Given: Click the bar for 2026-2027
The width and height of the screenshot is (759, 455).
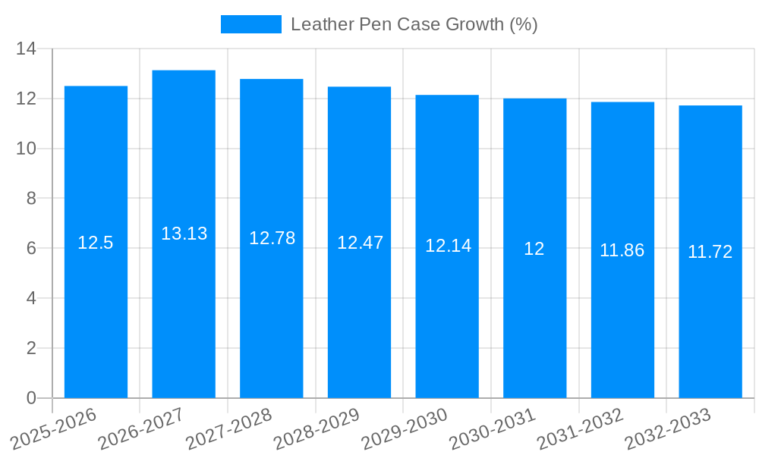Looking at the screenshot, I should [184, 303].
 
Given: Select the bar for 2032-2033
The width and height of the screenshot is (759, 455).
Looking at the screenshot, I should [710, 318].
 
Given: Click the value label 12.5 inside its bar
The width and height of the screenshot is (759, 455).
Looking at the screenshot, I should [96, 243].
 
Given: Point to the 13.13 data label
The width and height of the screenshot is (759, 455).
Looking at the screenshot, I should [184, 234].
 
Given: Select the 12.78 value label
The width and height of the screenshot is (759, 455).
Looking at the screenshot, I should [272, 238].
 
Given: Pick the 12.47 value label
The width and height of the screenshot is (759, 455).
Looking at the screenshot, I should [360, 243].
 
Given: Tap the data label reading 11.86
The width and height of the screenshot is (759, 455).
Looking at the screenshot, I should [622, 250].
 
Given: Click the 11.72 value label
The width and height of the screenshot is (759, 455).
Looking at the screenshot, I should [710, 252].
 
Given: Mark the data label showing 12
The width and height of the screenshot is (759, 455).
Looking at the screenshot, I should [534, 249].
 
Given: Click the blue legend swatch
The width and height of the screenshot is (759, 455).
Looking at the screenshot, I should [250, 24].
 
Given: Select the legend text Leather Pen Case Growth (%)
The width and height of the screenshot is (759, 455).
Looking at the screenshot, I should [414, 24].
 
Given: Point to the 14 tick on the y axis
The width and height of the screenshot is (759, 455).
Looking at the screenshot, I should [27, 49].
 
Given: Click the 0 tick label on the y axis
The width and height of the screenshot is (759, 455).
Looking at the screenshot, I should [31, 398].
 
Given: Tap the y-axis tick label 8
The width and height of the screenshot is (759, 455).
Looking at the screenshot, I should [31, 199].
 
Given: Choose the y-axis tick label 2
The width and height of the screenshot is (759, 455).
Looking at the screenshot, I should [31, 348].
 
